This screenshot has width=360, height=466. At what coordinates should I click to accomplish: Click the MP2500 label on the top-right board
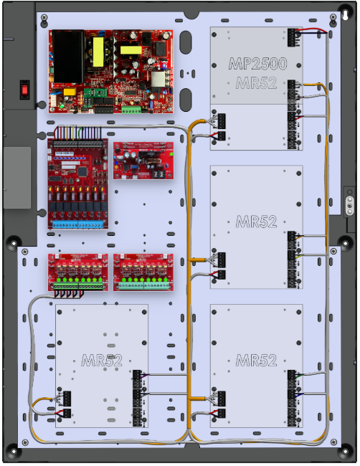[x=257, y=64]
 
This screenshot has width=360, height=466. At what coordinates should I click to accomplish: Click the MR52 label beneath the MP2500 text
[x=257, y=83]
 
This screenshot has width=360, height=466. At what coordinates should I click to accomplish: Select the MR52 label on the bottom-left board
[x=101, y=360]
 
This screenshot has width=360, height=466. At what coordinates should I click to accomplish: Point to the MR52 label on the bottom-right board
[x=256, y=360]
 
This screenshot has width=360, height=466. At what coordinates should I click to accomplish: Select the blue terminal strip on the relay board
[x=79, y=224]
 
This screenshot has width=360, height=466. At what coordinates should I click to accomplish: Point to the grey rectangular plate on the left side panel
[x=17, y=177]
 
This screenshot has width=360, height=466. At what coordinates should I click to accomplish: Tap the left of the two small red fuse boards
[x=78, y=272]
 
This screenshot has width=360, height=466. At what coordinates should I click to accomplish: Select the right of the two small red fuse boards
[x=143, y=272]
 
